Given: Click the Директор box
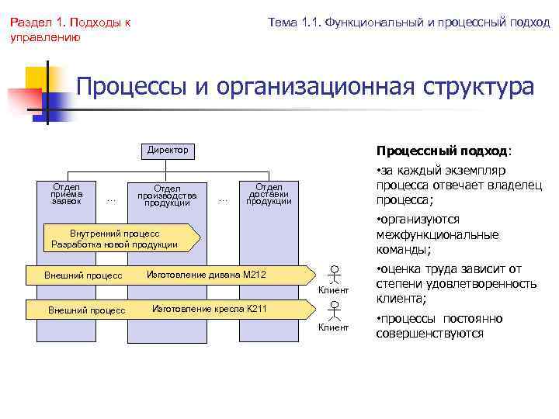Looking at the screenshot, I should tap(168, 150).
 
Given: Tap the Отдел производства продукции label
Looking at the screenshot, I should tap(167, 196).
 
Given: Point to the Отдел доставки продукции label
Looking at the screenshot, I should tap(269, 194).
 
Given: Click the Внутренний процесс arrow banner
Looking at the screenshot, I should tap(116, 239).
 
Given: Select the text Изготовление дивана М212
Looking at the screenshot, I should tap(206, 274).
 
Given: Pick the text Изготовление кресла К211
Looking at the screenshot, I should tap(209, 309).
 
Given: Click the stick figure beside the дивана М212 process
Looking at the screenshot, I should tap(333, 275).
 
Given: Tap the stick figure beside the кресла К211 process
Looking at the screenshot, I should tap(333, 310).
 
